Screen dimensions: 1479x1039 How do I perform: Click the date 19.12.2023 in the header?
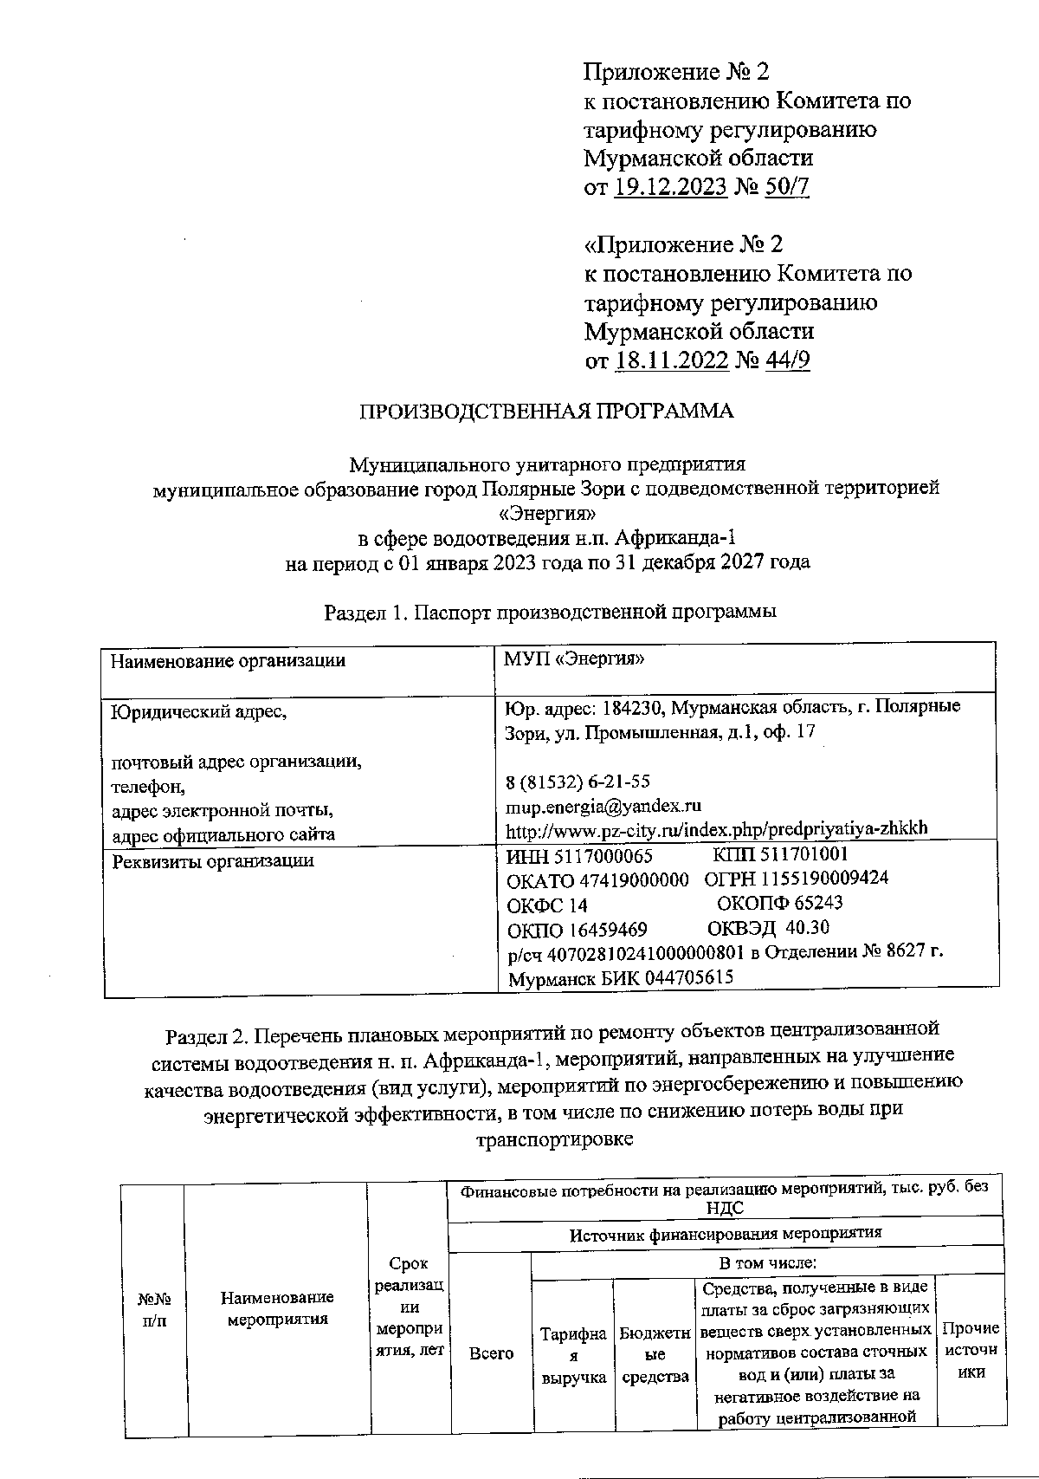670,187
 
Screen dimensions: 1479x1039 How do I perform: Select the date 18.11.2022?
671,360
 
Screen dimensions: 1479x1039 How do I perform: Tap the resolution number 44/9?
787,360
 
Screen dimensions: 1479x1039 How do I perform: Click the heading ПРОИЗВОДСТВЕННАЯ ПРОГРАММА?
547,412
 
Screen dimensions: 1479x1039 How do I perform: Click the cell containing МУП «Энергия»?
574,659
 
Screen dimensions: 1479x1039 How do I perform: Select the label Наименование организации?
228,661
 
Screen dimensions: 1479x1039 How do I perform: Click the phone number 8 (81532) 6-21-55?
578,782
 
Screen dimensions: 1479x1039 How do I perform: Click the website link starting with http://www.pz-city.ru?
716,828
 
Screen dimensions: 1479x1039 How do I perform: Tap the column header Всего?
491,1353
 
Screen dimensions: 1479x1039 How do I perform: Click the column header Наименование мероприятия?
277,1308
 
